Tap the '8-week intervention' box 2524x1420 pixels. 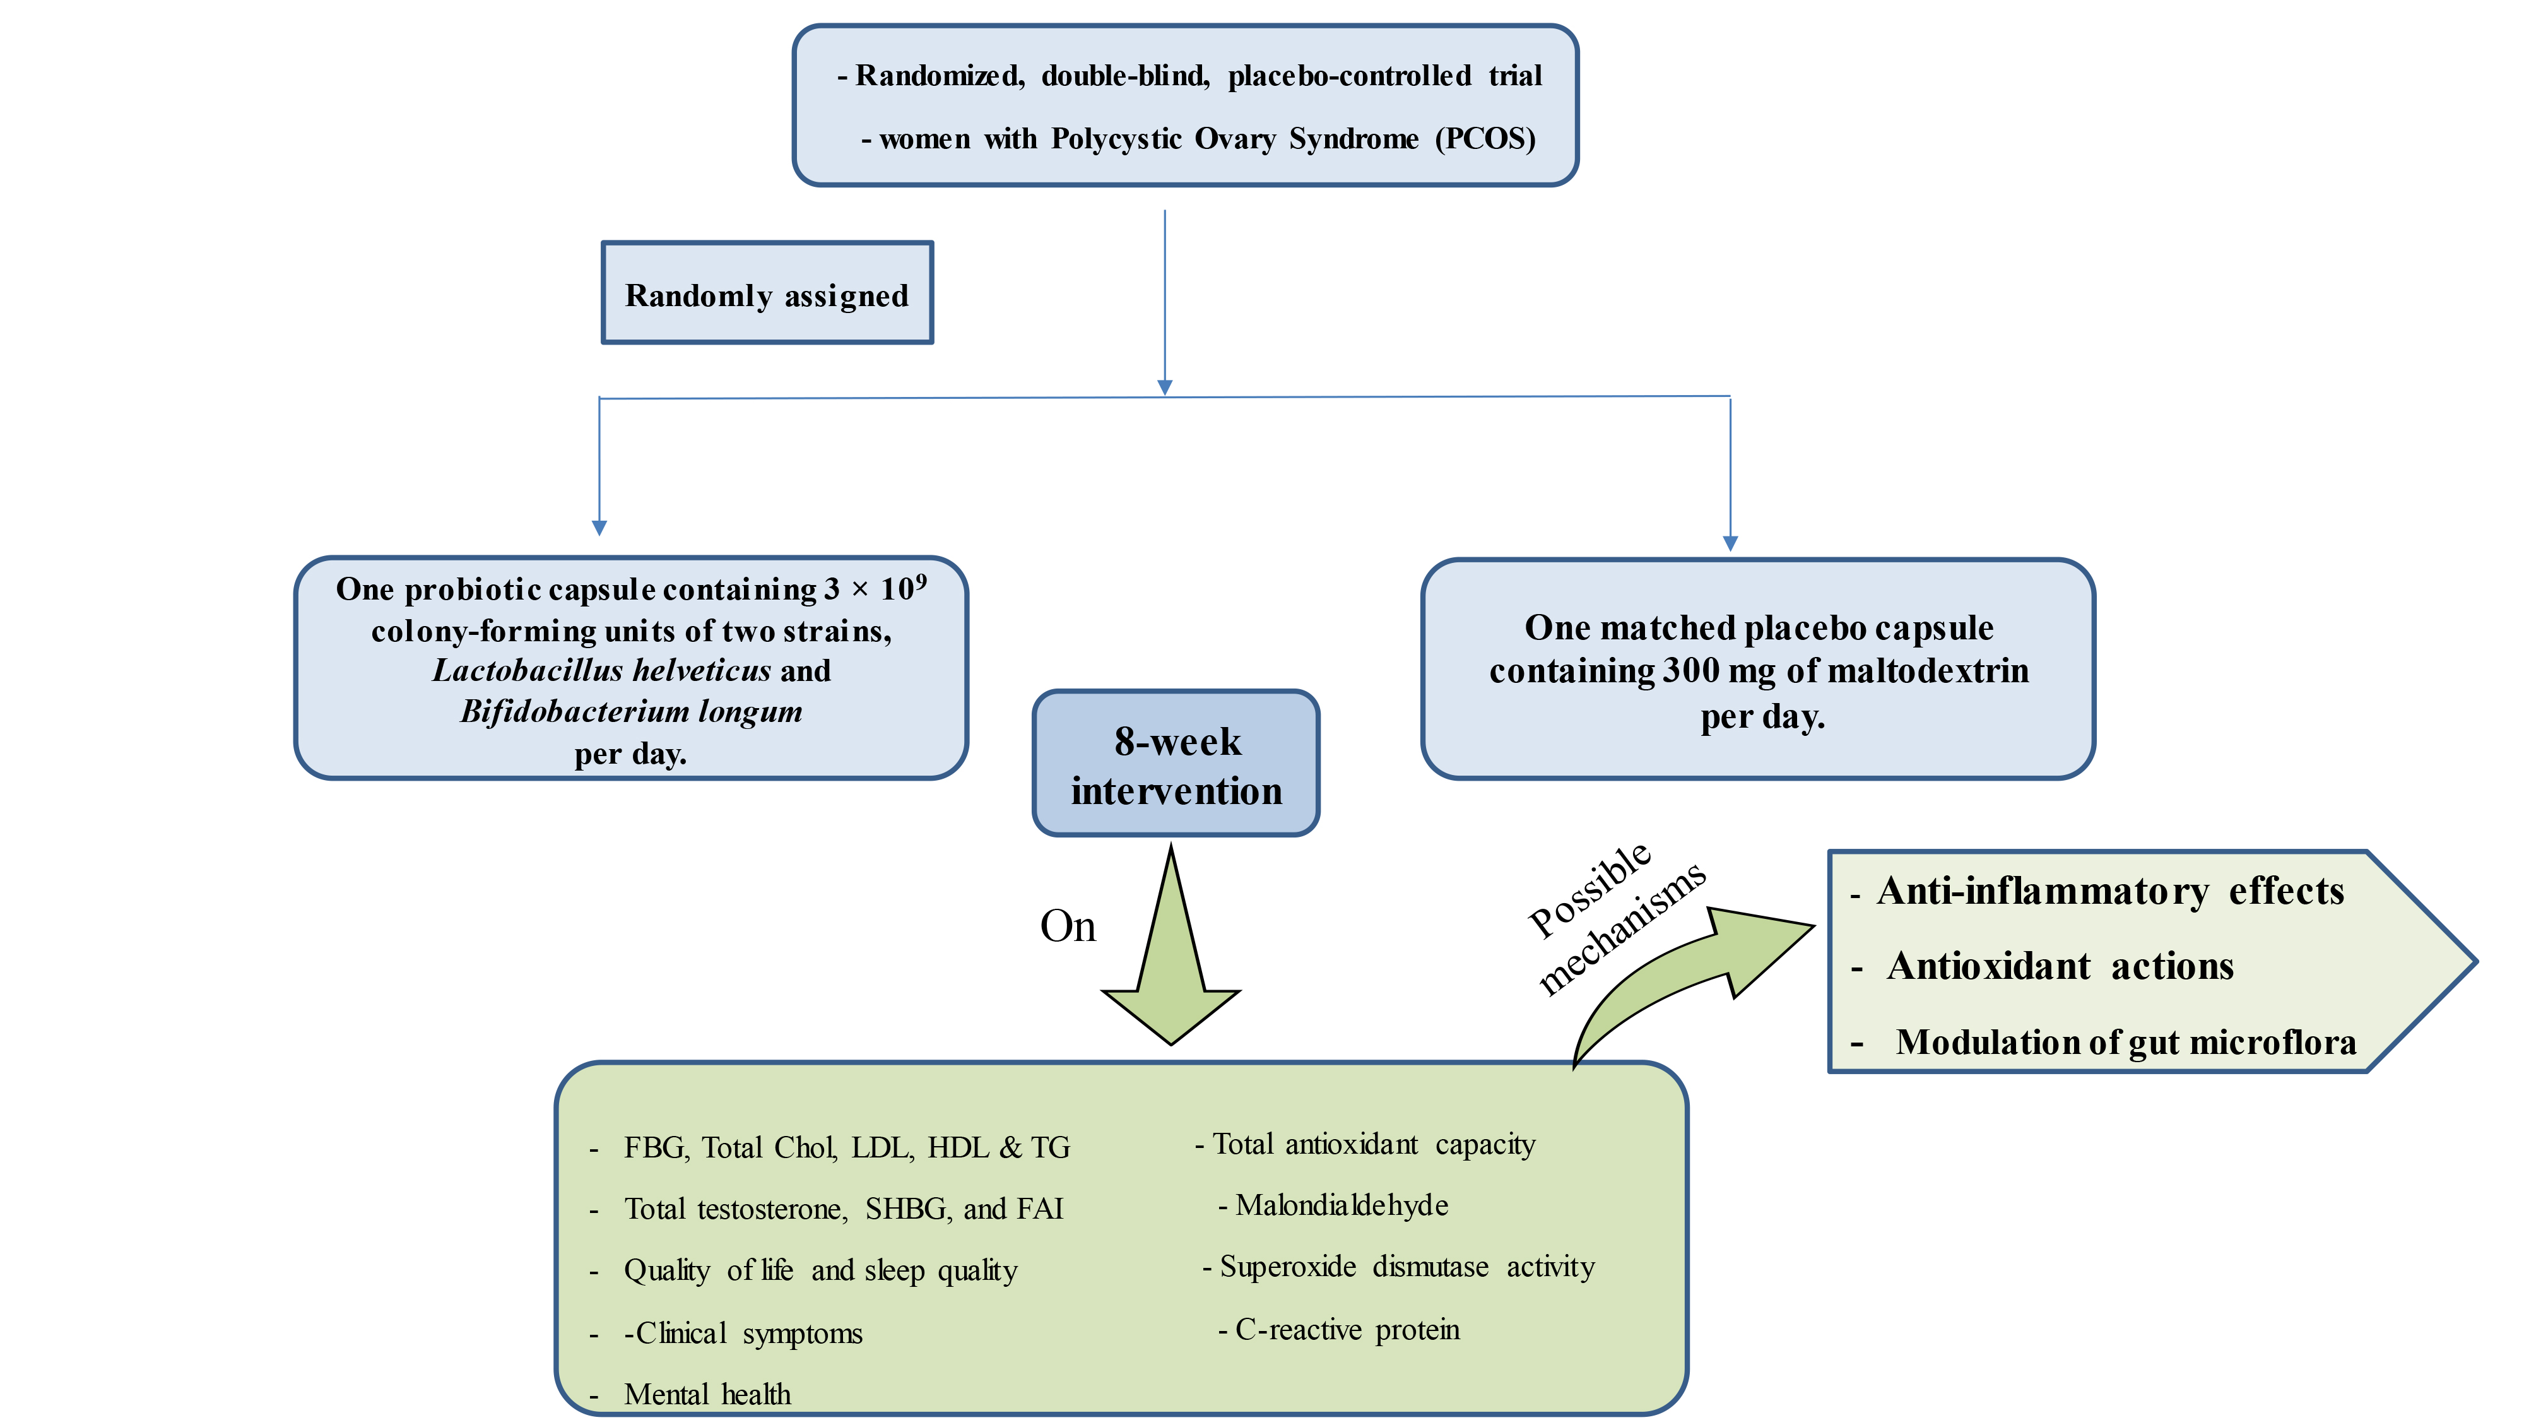tap(1176, 764)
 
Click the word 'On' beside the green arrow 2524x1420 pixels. tap(1067, 926)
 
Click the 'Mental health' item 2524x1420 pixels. tap(707, 1393)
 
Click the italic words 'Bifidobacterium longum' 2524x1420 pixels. tap(631, 711)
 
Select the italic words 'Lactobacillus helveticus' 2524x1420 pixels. tap(601, 670)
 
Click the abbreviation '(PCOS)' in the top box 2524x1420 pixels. tap(1484, 138)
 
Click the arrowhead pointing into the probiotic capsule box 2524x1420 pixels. tap(599, 528)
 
